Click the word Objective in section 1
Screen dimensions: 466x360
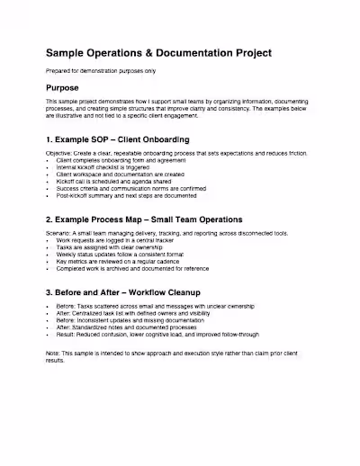61,155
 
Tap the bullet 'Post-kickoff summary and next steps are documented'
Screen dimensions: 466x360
126,193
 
